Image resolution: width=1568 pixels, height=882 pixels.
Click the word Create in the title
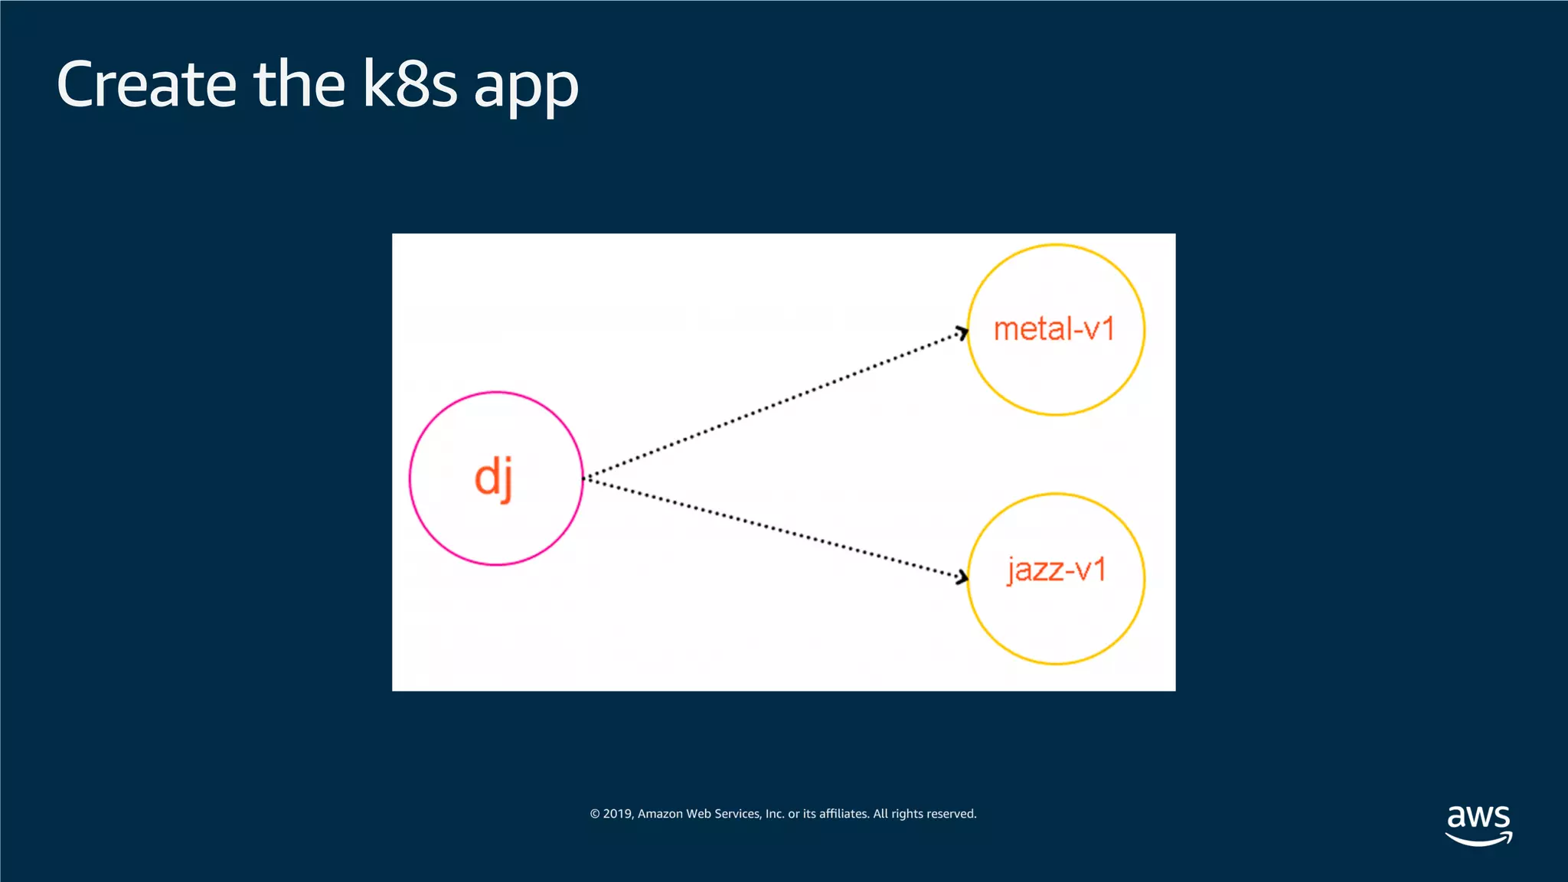click(146, 84)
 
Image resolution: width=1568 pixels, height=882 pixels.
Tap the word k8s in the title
click(410, 84)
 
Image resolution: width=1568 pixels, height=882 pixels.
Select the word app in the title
click(526, 88)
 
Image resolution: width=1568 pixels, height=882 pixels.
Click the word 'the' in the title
click(299, 84)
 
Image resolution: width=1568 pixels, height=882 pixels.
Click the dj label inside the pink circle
click(494, 478)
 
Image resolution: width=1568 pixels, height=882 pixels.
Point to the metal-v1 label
click(1054, 329)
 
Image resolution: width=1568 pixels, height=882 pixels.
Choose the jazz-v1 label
click(1057, 570)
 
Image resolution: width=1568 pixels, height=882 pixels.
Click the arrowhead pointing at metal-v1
click(962, 333)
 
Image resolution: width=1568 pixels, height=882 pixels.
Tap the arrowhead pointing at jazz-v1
click(962, 577)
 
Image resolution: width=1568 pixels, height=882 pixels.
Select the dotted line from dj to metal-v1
click(773, 406)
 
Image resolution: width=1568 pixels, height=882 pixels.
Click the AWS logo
click(1478, 825)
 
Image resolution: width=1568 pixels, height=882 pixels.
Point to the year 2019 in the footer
click(617, 814)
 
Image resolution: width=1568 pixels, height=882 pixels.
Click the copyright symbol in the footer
click(595, 814)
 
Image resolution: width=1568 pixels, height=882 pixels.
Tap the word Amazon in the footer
click(660, 814)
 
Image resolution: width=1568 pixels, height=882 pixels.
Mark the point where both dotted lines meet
click(586, 479)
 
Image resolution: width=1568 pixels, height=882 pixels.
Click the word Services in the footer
click(737, 814)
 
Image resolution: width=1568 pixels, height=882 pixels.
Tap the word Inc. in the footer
click(775, 814)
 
